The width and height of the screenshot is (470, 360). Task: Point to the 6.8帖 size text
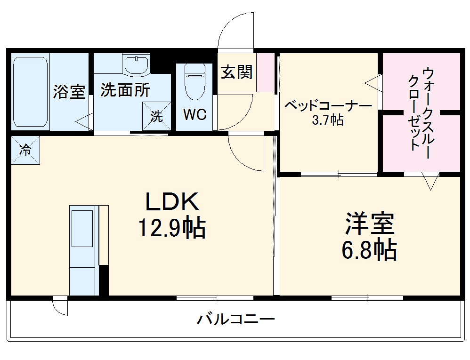point(369,250)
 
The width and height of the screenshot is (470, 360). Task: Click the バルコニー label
point(235,320)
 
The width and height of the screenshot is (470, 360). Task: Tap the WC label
point(194,115)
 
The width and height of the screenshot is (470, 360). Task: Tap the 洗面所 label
point(125,90)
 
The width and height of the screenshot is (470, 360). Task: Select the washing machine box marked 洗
point(156,116)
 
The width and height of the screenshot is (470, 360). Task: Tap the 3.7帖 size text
point(328,120)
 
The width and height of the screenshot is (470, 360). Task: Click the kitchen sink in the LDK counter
point(82,228)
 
